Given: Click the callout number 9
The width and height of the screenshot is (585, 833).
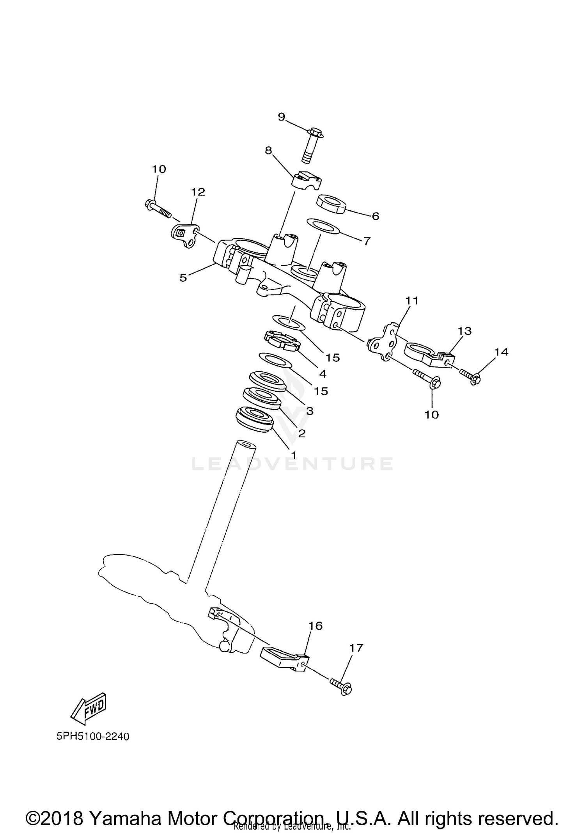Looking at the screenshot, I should [x=282, y=117].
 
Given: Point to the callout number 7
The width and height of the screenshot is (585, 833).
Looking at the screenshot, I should [x=367, y=241].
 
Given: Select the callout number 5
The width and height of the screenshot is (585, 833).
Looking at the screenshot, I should [x=183, y=277].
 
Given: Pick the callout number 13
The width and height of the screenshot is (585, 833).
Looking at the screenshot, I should [x=464, y=331].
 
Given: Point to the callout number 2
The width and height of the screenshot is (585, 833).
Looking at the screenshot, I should [x=301, y=433].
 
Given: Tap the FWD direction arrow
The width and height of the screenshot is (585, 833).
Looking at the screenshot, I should [x=89, y=708].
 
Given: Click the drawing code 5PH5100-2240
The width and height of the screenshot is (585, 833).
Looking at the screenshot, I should [x=92, y=737].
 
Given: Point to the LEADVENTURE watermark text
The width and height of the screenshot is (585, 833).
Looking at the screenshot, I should [x=292, y=464].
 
